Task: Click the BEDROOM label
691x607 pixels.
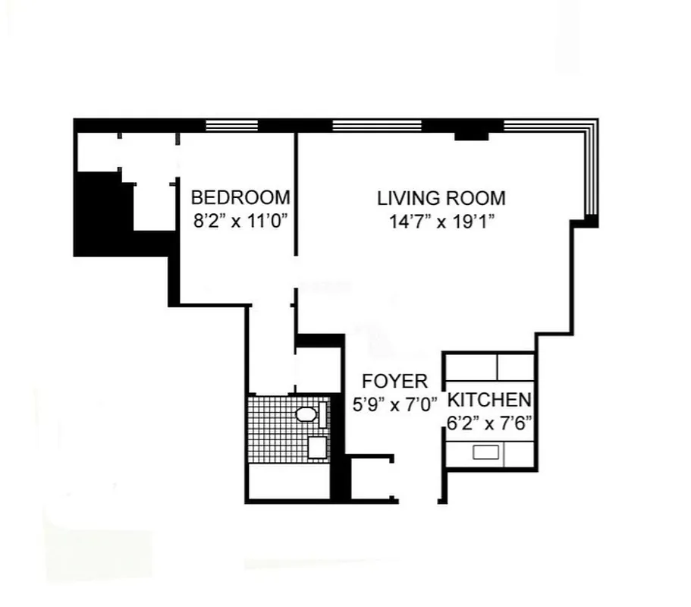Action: click(240, 198)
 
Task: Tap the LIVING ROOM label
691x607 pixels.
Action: click(441, 199)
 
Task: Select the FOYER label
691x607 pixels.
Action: click(394, 381)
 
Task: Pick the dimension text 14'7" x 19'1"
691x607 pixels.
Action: click(441, 222)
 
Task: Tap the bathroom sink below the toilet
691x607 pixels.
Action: click(316, 447)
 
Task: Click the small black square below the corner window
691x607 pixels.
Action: click(591, 222)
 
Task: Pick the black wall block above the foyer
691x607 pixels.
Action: click(319, 340)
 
